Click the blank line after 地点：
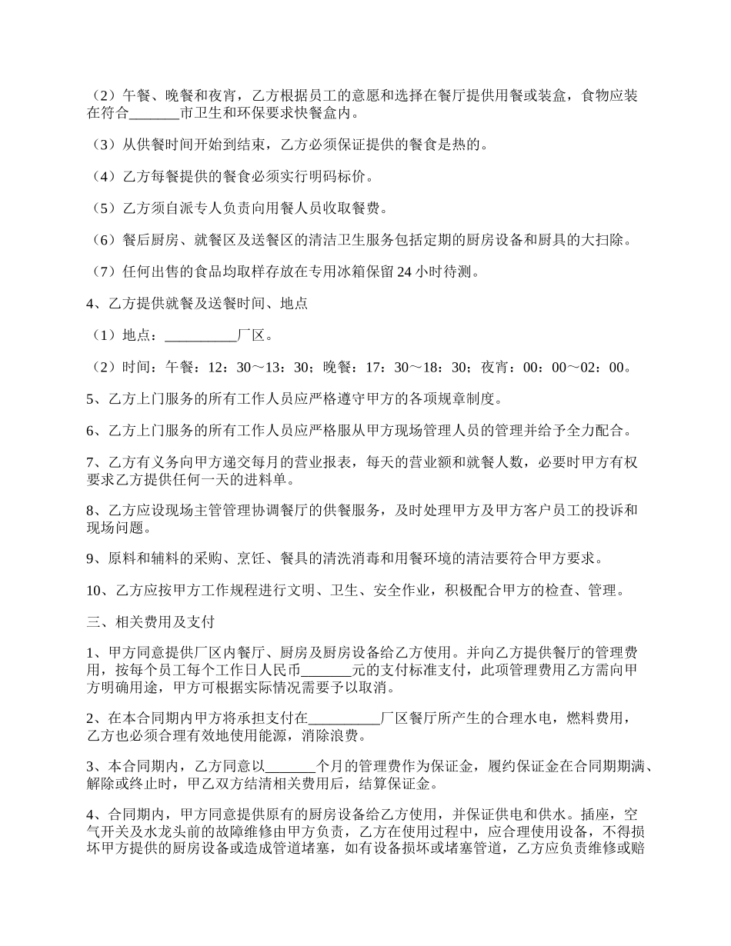click(x=201, y=335)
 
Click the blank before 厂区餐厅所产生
click(x=344, y=718)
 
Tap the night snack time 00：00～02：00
click(x=573, y=368)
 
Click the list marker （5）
click(x=102, y=208)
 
